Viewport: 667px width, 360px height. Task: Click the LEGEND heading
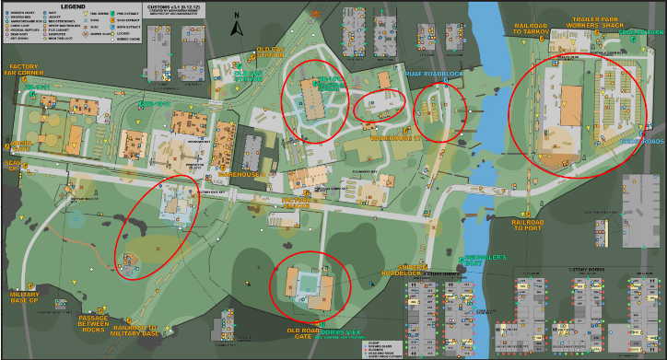pos(73,6)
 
